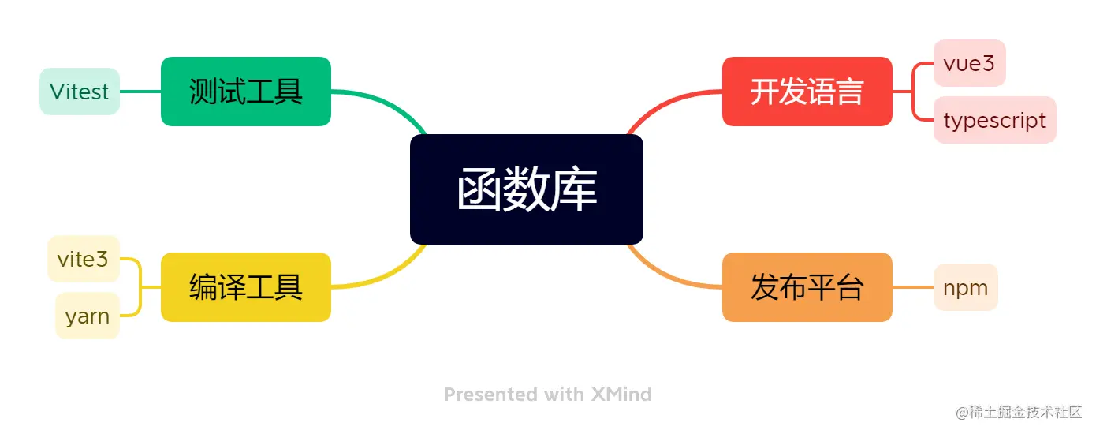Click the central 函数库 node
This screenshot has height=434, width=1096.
pyautogui.click(x=526, y=189)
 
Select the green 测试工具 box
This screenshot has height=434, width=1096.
pyautogui.click(x=246, y=92)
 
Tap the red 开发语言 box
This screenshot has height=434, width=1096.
pyautogui.click(x=807, y=92)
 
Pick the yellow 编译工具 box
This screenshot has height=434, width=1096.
pyautogui.click(x=246, y=286)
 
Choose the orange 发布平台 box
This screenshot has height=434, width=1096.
pyautogui.click(x=807, y=286)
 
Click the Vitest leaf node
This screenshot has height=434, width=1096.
pyautogui.click(x=80, y=92)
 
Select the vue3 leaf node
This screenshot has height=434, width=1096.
pyautogui.click(x=969, y=63)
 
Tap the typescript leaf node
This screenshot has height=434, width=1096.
pyautogui.click(x=994, y=121)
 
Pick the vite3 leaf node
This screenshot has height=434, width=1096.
pyautogui.click(x=83, y=259)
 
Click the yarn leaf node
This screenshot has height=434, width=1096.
pyautogui.click(x=87, y=316)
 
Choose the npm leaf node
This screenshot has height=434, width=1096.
pyautogui.click(x=965, y=287)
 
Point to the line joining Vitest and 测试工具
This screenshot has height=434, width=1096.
pyautogui.click(x=140, y=92)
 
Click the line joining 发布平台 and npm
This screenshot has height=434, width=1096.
pyautogui.click(x=913, y=287)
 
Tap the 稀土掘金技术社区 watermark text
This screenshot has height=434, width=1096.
pyautogui.click(x=1025, y=412)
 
